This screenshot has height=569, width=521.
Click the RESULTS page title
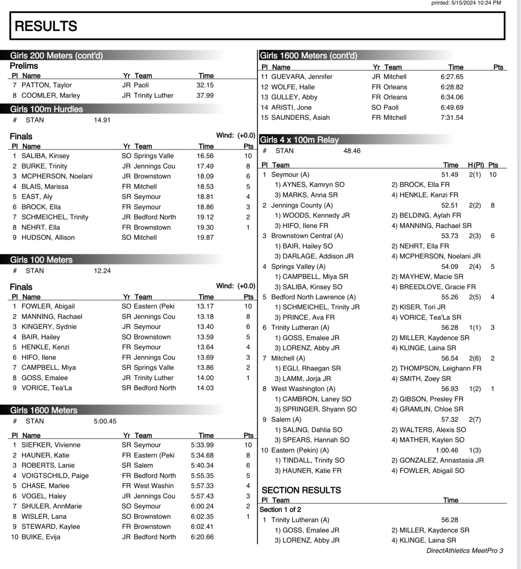point(46,26)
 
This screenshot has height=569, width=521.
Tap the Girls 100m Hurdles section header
point(47,109)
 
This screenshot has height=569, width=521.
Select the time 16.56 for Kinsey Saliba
point(205,156)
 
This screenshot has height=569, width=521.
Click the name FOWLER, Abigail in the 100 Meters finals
point(48,306)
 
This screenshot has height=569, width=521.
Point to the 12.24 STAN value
point(102,271)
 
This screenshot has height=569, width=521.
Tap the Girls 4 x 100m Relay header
point(299,140)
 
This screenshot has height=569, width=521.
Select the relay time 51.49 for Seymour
point(450,174)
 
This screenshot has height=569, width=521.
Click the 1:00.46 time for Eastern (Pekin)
point(447,450)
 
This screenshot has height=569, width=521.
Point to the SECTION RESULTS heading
point(301,490)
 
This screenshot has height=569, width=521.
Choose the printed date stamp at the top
point(466,3)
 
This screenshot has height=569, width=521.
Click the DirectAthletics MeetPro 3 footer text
point(464,550)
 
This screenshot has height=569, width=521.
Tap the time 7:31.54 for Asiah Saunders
point(452,117)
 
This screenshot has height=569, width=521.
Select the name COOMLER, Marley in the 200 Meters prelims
point(51,95)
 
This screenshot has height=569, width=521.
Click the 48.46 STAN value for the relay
point(352,151)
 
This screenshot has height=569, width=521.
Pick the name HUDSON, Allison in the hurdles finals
point(48,237)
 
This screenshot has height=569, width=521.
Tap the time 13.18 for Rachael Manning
point(205,317)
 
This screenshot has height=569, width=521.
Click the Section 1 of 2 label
point(280,510)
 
